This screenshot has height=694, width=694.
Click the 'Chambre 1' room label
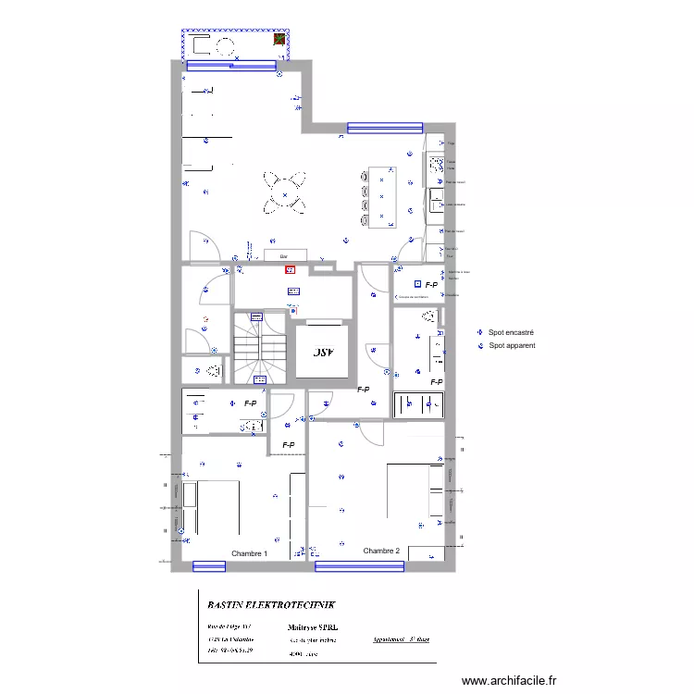(249, 553)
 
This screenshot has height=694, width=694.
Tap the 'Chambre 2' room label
(381, 551)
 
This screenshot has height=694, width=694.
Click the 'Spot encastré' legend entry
(511, 332)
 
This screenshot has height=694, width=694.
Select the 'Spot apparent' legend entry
(512, 345)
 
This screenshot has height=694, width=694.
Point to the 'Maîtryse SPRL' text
(319, 626)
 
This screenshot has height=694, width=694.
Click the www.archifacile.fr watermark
(509, 681)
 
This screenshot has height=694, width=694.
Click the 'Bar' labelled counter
(285, 254)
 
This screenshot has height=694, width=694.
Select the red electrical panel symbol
(290, 270)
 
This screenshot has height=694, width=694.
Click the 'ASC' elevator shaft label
(321, 353)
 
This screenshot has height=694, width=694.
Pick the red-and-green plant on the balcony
(276, 39)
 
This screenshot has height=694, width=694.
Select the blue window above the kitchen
(385, 128)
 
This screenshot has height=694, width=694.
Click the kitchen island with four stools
(381, 197)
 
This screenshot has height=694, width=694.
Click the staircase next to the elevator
(259, 347)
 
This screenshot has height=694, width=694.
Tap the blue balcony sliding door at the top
(232, 65)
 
